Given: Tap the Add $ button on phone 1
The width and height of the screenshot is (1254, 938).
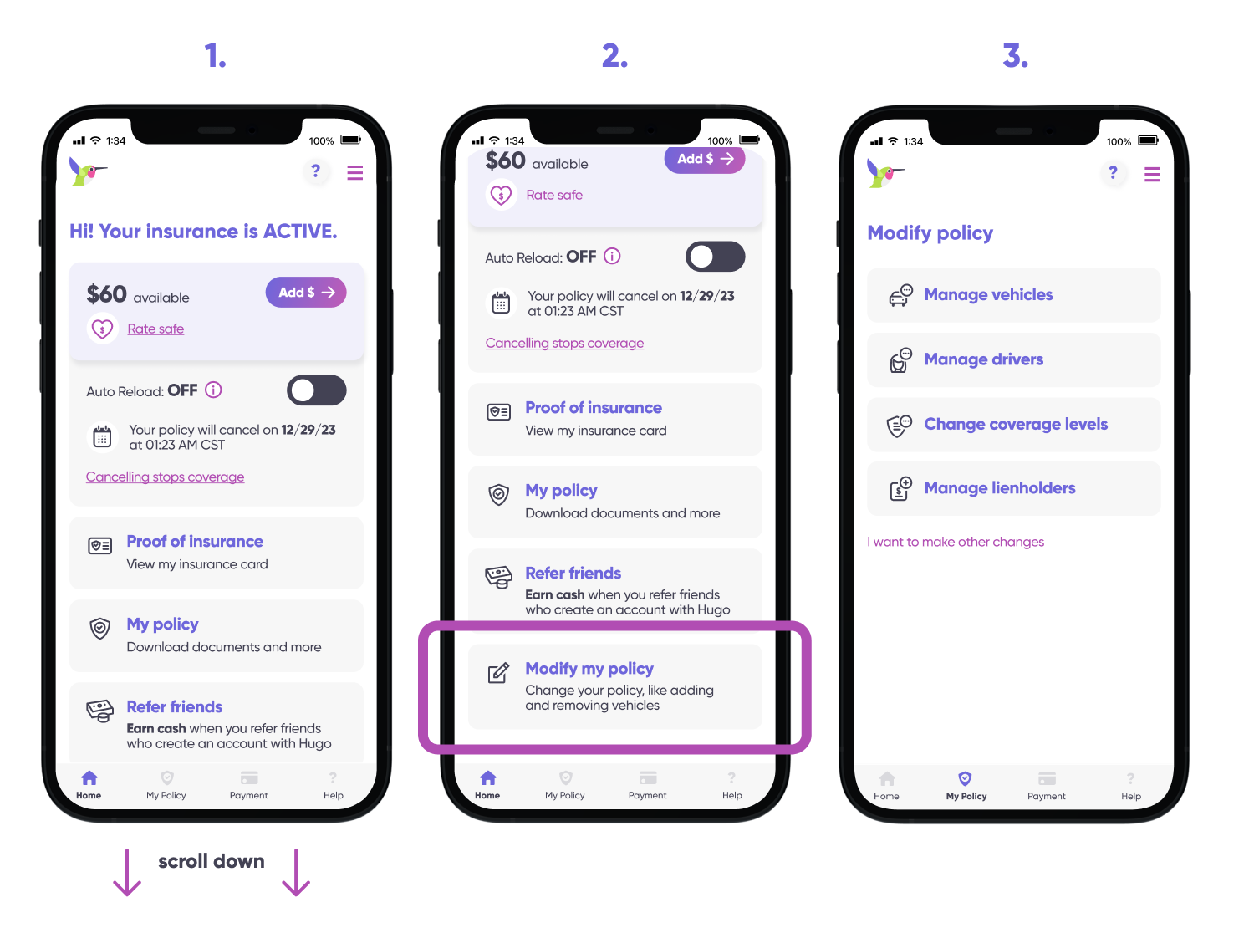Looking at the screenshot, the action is tap(306, 293).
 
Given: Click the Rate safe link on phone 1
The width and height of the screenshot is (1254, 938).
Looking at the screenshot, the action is tap(155, 329).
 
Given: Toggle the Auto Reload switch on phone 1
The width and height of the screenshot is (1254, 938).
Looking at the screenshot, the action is tap(317, 390).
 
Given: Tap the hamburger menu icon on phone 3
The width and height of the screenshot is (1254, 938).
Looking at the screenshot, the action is tap(1152, 174).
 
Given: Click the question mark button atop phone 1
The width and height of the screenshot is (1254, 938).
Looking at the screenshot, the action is tap(315, 171).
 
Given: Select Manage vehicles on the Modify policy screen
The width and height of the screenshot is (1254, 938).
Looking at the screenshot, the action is tap(988, 295).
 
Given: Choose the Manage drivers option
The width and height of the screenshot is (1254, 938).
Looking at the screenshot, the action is tap(984, 359).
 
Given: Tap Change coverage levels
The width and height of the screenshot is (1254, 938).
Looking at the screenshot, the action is tap(1016, 424).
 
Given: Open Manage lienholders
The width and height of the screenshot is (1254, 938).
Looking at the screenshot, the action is tap(1000, 488).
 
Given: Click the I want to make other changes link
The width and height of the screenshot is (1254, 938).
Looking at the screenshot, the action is tap(956, 542).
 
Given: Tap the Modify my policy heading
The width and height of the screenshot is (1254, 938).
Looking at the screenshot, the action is tap(589, 669).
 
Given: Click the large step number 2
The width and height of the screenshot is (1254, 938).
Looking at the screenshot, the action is tap(614, 56).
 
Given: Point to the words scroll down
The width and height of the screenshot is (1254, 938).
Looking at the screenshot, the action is tap(212, 861).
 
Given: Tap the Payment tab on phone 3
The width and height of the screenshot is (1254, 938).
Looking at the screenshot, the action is tap(1046, 787).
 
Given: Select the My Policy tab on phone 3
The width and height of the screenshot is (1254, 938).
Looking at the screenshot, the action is tap(966, 787).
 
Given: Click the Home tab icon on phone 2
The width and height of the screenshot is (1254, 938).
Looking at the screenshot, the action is tap(488, 778).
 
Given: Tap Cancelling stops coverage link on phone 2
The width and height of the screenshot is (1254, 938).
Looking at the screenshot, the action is tap(564, 344).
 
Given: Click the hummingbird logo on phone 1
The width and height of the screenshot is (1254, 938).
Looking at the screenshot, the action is tap(88, 171).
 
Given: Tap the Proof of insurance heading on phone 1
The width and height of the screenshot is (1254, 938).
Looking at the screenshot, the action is tap(195, 542).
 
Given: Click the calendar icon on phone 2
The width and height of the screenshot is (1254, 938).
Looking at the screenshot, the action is tap(501, 303).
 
